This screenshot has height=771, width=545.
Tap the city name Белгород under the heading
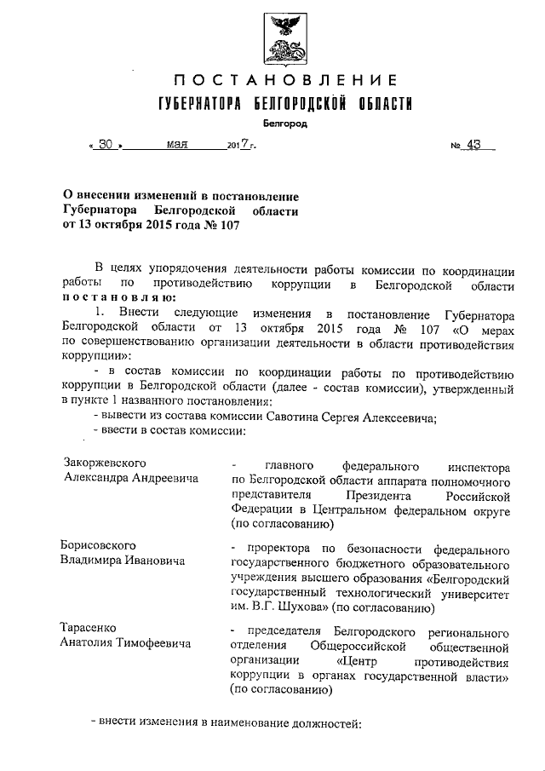[x=285, y=124]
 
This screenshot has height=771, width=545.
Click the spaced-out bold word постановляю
[x=118, y=297]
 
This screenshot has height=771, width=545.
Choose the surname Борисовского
[x=100, y=544]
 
